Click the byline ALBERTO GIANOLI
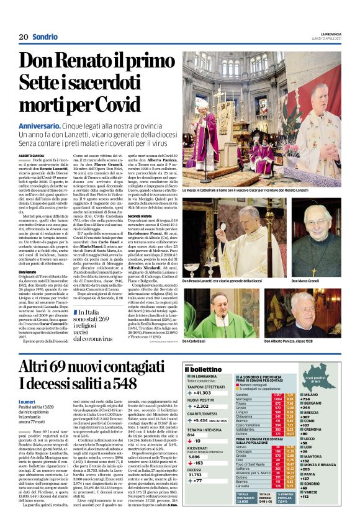click(32, 156)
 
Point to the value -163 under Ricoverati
click(199, 463)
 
